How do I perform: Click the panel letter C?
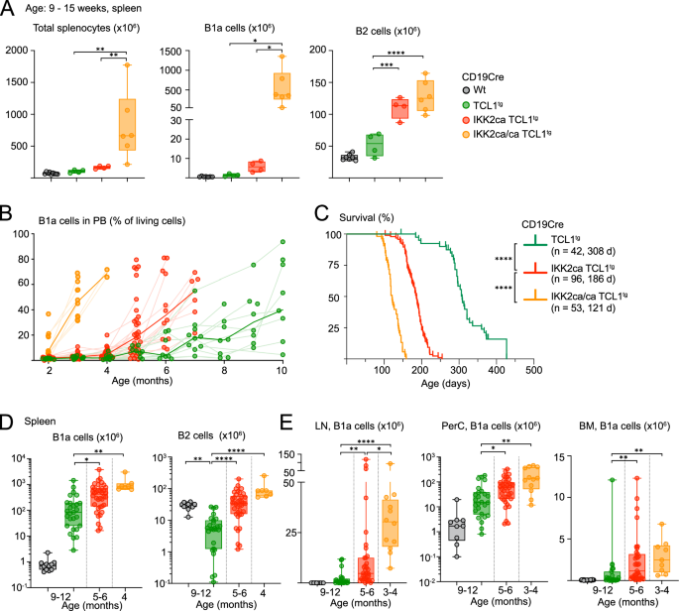319,212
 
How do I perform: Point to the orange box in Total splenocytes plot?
127,124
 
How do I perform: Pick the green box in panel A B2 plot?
373,145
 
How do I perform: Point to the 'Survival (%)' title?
358,213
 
